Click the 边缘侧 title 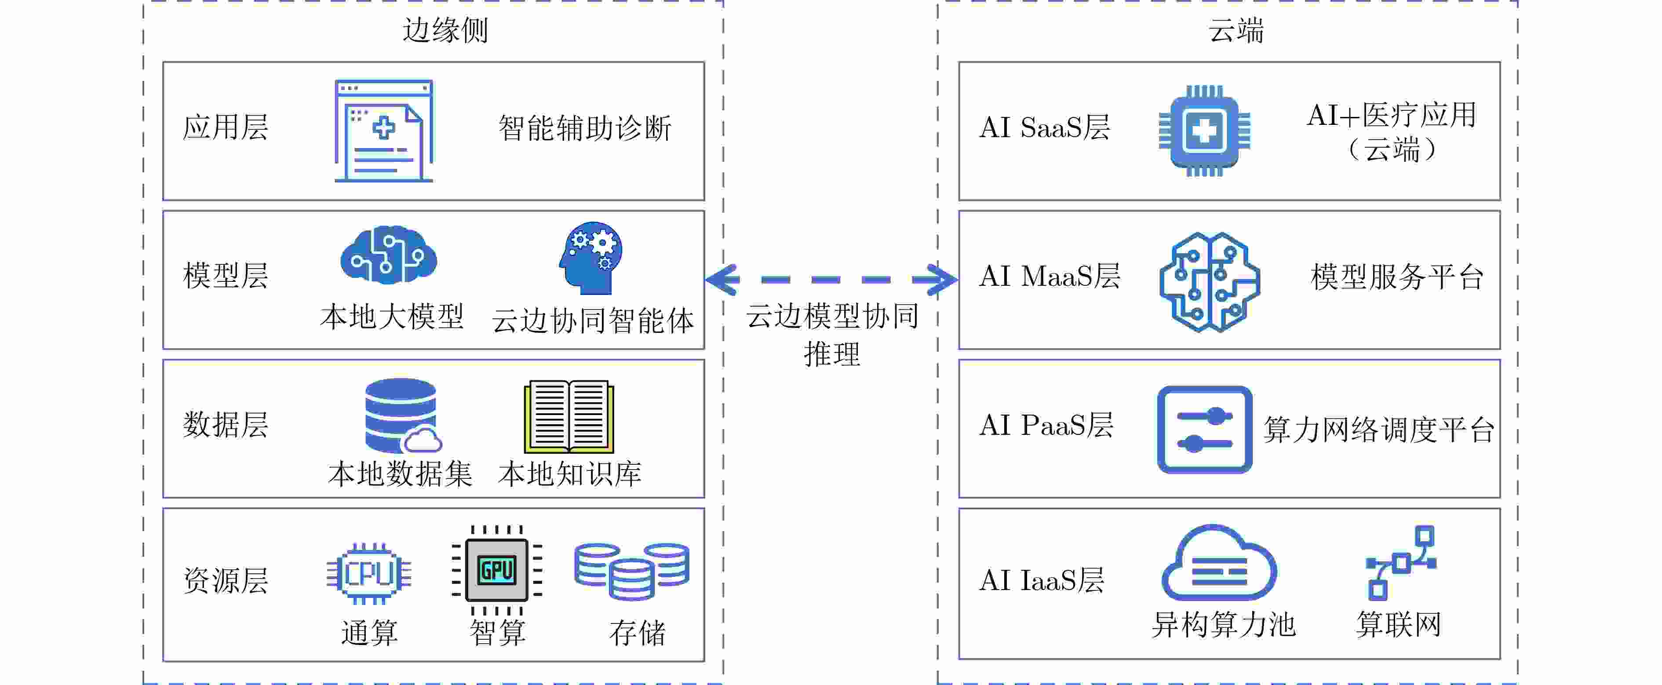click(x=445, y=30)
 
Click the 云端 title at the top click(x=1236, y=30)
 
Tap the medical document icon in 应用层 click(x=384, y=131)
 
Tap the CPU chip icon click(x=368, y=573)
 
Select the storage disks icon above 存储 click(x=632, y=571)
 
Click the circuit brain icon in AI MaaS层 click(x=1209, y=282)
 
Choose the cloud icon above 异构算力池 click(x=1218, y=563)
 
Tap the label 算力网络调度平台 click(x=1379, y=430)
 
